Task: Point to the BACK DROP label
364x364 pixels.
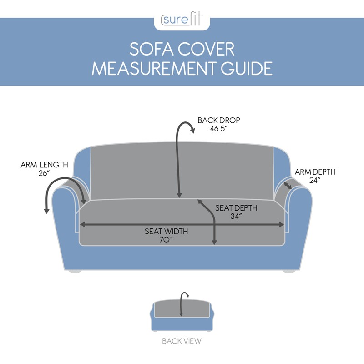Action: coord(218,121)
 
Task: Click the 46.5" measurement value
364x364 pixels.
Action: coord(218,129)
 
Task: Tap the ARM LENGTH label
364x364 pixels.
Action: coord(44,165)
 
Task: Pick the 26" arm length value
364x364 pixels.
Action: coord(45,173)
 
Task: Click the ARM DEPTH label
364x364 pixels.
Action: coord(315,172)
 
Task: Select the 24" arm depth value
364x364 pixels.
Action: coord(315,181)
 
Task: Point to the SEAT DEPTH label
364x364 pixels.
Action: coord(236,208)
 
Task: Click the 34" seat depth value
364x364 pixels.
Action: coord(236,217)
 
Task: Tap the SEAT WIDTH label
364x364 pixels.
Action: coord(166,231)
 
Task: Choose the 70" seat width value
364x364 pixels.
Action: coord(166,240)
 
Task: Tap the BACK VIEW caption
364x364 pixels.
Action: coord(182,340)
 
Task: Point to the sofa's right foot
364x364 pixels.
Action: coord(289,271)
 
